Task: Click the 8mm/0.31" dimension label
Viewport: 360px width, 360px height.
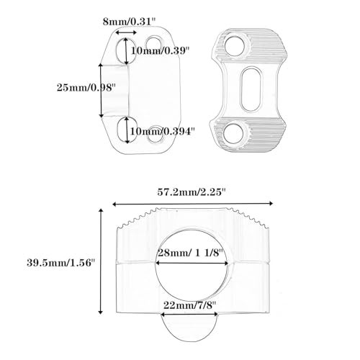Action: coord(130,22)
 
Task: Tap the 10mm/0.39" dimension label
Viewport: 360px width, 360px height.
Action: coord(160,50)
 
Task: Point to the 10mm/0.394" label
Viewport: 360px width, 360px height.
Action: coord(162,131)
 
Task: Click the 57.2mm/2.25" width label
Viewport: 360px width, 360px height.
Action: coord(192,192)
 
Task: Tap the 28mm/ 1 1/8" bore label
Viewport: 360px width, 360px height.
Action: coord(191,253)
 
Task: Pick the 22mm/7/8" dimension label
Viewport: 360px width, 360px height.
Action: coord(190,305)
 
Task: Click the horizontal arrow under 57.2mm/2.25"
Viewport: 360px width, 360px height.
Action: coord(193,204)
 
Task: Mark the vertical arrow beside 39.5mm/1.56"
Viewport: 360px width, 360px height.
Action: coord(101,261)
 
